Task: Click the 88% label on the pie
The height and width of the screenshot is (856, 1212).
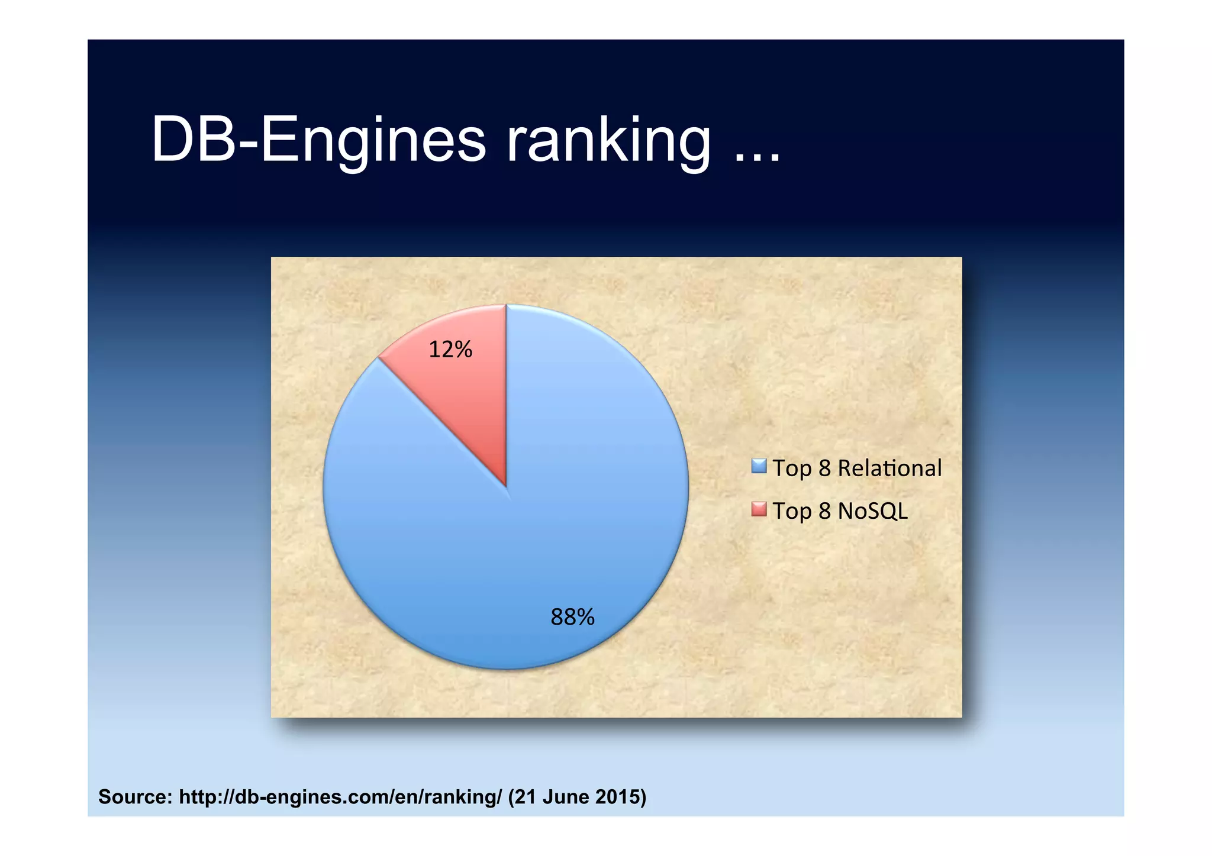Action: pos(572,618)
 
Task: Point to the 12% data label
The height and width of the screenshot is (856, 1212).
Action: pos(450,350)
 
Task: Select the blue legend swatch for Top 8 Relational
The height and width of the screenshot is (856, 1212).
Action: pos(759,467)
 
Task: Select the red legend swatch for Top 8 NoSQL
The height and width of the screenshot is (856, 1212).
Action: pos(759,509)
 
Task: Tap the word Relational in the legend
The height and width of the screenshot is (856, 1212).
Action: pos(889,468)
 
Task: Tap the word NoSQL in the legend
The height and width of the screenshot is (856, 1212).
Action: pos(873,511)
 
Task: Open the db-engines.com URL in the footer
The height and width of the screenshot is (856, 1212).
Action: pos(340,797)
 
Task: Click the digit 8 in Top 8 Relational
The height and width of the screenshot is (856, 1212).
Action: pos(825,468)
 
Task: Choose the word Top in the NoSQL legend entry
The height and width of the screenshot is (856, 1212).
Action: pos(792,511)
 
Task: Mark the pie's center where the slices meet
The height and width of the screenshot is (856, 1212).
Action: pos(507,486)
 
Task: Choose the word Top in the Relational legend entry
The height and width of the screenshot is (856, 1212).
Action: pos(792,469)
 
